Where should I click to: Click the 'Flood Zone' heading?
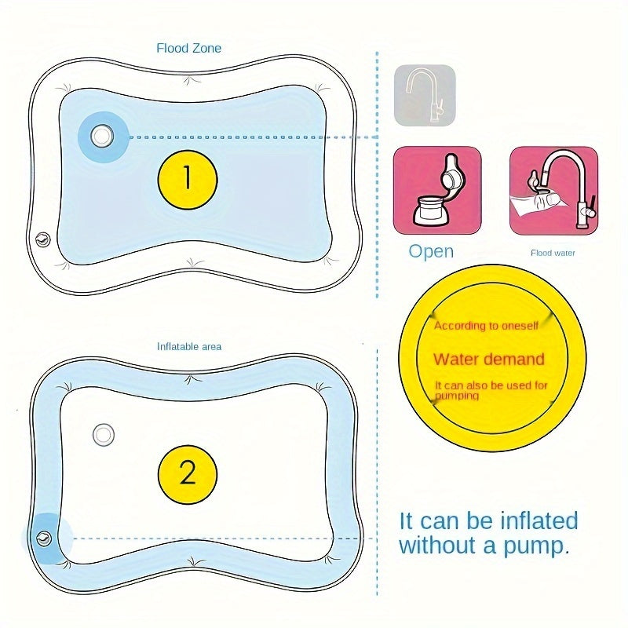(x=188, y=49)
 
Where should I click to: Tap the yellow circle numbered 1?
(x=187, y=179)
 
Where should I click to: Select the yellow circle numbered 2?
(x=187, y=474)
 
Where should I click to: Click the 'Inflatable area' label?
(x=189, y=346)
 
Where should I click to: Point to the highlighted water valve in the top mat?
(x=101, y=136)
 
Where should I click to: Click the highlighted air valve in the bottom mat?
(x=43, y=538)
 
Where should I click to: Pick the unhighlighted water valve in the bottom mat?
(x=103, y=433)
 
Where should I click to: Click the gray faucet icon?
(x=425, y=95)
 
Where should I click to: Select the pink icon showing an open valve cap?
(x=437, y=190)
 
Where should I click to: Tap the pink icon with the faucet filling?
(x=553, y=190)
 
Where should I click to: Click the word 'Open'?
(x=431, y=251)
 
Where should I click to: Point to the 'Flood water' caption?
(x=553, y=253)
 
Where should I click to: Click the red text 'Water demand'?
(x=489, y=360)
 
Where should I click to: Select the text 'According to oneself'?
(x=486, y=326)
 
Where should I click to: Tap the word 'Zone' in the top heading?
(x=206, y=49)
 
